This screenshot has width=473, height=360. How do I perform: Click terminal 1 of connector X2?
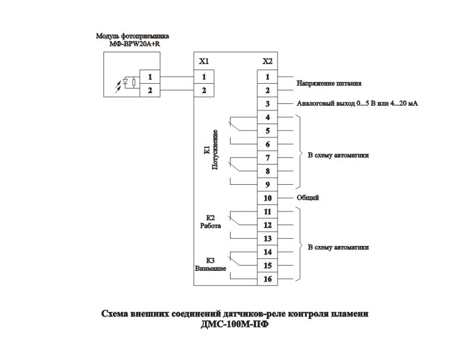click(x=267, y=77)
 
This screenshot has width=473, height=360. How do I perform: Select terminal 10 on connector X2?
click(x=267, y=198)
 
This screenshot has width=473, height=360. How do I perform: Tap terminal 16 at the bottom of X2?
click(x=267, y=279)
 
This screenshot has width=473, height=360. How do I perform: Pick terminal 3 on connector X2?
click(x=267, y=104)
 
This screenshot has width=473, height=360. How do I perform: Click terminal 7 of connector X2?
click(x=267, y=157)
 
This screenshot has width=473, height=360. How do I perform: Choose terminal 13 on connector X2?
click(x=267, y=238)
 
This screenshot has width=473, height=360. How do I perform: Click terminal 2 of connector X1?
click(x=204, y=90)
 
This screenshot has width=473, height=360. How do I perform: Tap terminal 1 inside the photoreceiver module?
click(x=150, y=77)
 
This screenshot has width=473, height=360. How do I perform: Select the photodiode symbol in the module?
click(x=125, y=83)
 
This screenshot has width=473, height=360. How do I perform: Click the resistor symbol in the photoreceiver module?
click(x=135, y=83)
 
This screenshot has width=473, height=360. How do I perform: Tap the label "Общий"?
click(x=307, y=198)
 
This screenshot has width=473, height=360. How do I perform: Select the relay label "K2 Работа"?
click(x=210, y=222)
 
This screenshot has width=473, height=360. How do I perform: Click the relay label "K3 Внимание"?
click(x=210, y=264)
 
